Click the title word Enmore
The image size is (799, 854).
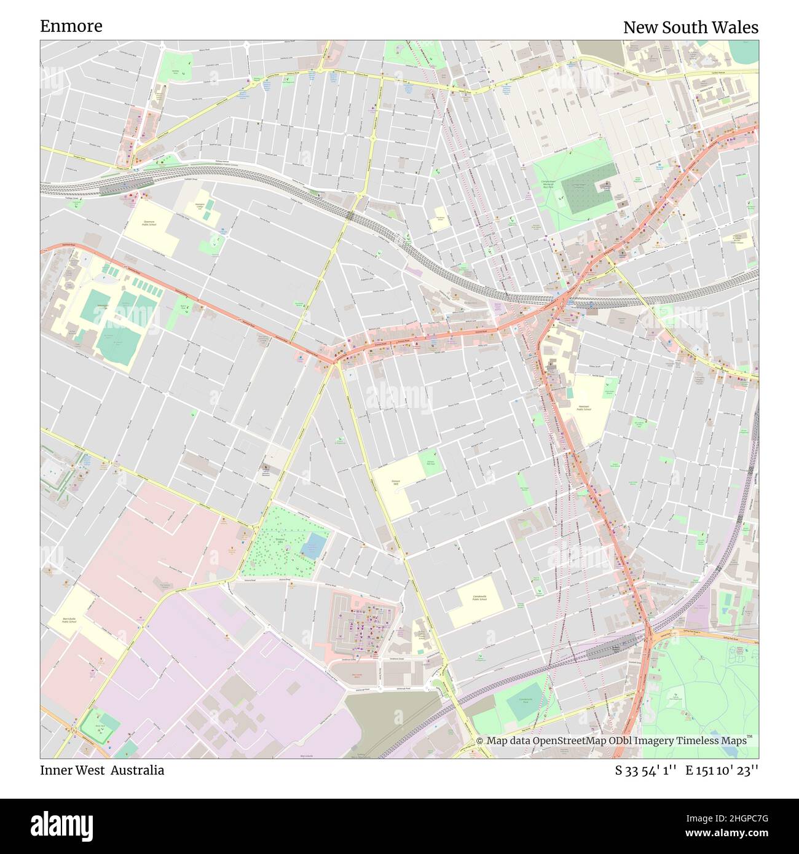point(71,26)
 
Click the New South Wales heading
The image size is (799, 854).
point(690,28)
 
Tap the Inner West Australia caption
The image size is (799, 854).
point(102,770)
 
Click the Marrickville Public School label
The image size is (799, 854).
point(69,620)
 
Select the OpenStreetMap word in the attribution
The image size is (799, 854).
point(569,741)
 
